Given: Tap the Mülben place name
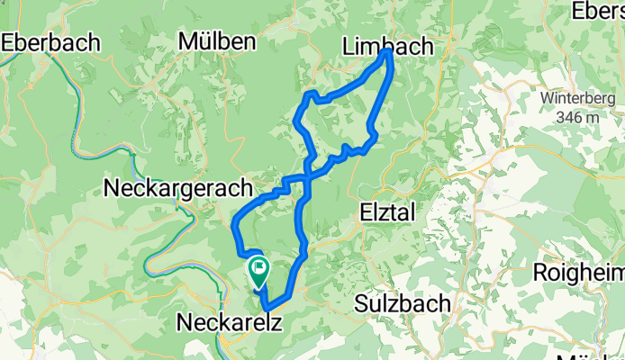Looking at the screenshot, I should (217, 41).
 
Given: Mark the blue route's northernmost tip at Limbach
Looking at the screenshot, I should (388, 52).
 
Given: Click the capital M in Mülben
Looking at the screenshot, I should (188, 41).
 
